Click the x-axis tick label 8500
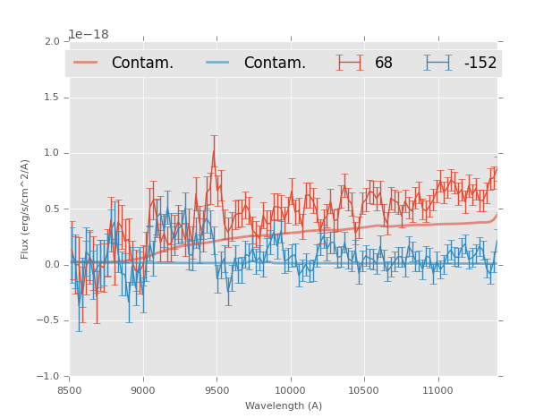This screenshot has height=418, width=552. click(70, 389)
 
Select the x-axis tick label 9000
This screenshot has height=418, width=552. click(143, 389)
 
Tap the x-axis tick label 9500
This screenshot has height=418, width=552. click(217, 389)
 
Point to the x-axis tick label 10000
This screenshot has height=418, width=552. click(290, 389)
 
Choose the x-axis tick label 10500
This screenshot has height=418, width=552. click(364, 389)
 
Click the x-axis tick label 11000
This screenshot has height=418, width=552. click(437, 389)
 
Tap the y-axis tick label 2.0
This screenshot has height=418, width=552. click(52, 41)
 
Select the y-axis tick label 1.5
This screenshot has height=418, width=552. click(52, 97)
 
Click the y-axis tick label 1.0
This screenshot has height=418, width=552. click(52, 153)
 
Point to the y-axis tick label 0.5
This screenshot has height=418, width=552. click(52, 209)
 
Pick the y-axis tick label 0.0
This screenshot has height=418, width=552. click(52, 265)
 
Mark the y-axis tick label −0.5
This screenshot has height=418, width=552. click(49, 320)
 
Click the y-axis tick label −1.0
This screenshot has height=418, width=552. click(49, 376)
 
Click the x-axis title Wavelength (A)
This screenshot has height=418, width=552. click(284, 405)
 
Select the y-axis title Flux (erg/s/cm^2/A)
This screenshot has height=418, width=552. click(26, 209)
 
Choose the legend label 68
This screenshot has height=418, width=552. click(384, 64)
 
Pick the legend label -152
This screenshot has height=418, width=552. click(480, 64)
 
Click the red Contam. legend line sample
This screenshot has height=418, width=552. click(86, 63)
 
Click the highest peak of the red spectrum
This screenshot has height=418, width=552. click(213, 150)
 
